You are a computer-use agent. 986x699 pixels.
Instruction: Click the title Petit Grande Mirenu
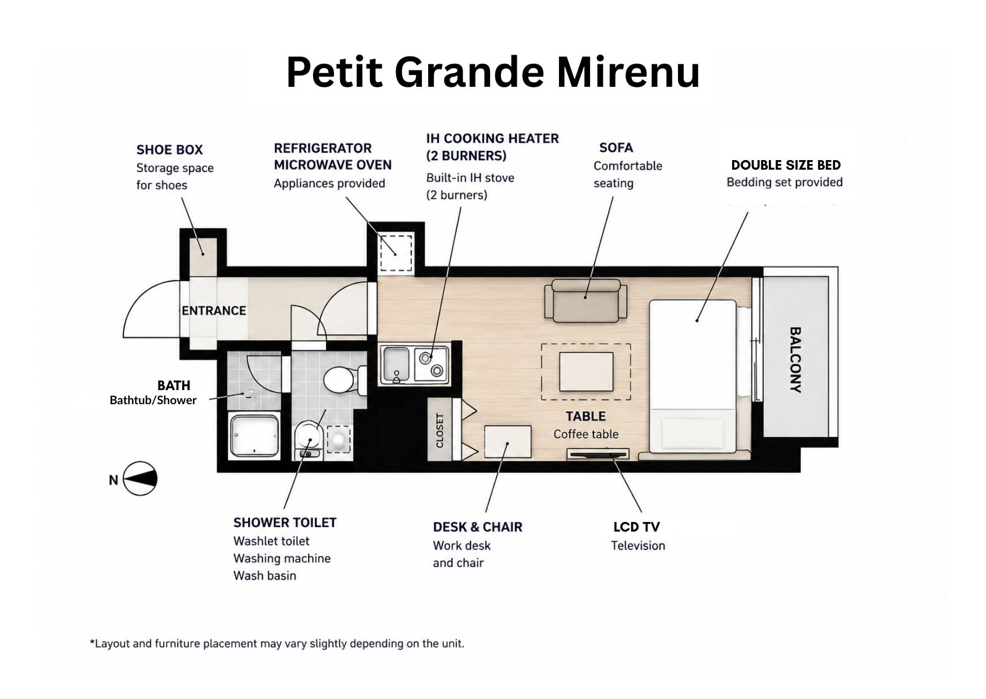tap(493, 72)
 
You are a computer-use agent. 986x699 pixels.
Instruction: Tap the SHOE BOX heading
tap(169, 149)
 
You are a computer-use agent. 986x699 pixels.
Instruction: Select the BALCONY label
tap(795, 360)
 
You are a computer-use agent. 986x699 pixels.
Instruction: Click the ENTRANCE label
tap(214, 311)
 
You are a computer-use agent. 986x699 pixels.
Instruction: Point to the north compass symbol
tap(139, 479)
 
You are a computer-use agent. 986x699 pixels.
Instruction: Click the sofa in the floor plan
tap(586, 301)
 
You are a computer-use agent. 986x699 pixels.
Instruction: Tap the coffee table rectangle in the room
tap(586, 371)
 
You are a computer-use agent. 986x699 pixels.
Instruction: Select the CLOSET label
tap(440, 431)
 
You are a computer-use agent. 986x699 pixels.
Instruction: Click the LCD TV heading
tap(636, 527)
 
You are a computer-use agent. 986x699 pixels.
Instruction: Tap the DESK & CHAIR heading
tap(478, 527)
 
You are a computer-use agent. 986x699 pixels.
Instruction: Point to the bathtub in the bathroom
tap(254, 436)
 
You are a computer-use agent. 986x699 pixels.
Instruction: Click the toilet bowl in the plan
tap(338, 379)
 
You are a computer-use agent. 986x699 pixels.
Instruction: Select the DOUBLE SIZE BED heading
tap(786, 165)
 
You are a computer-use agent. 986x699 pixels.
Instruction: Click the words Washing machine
tap(282, 559)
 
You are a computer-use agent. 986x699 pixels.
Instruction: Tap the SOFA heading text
tap(616, 148)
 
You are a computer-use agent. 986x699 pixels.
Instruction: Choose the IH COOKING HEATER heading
tap(492, 147)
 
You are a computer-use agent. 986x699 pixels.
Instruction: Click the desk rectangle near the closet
tap(508, 441)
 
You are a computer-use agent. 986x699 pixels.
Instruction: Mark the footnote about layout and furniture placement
tap(277, 643)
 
